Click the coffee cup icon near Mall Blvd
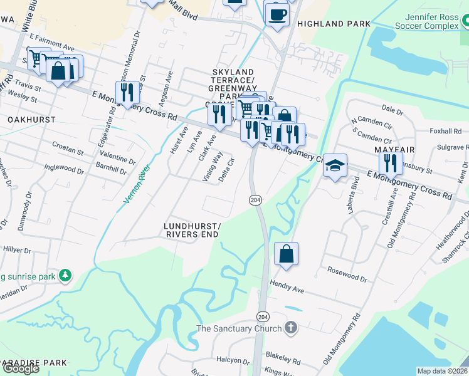(x=277, y=14)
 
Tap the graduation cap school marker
(x=335, y=165)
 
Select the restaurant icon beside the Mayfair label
(x=391, y=163)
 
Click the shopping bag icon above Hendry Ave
(x=285, y=254)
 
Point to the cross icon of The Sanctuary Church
(x=290, y=328)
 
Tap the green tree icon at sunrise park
(x=65, y=276)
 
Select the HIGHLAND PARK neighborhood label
(x=329, y=24)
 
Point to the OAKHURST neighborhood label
(x=31, y=119)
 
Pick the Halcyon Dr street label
(x=233, y=360)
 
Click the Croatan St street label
(x=67, y=152)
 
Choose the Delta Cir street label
(x=226, y=170)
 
